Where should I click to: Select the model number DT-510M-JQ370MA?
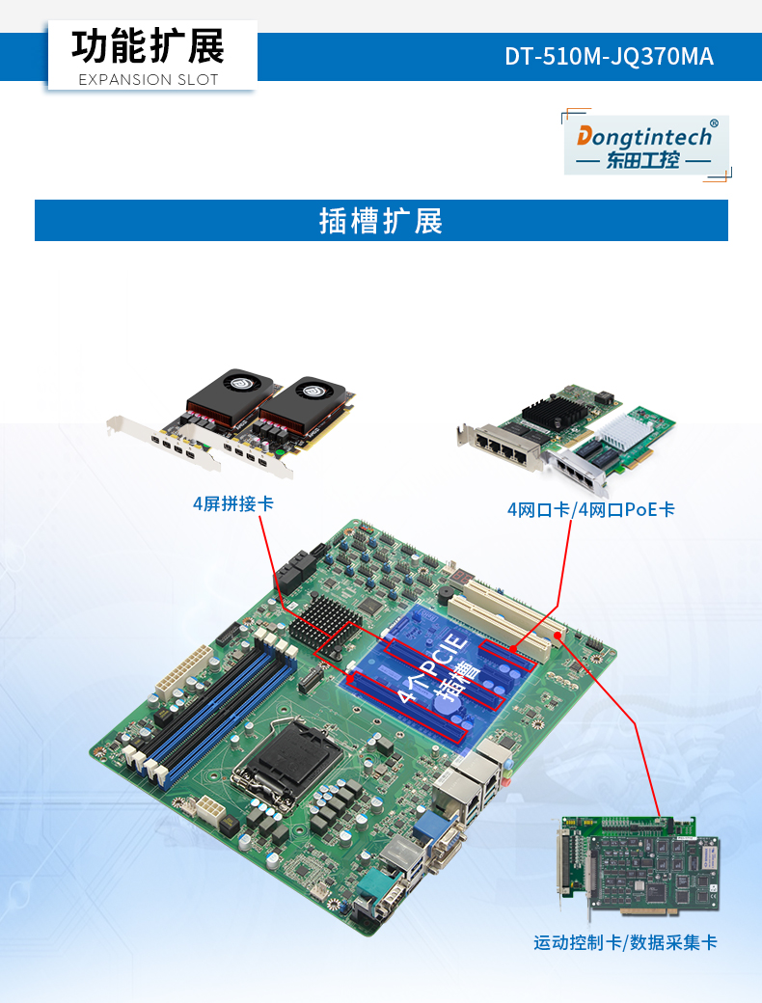tap(609, 57)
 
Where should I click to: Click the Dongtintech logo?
tap(645, 146)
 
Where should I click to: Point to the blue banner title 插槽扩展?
tap(381, 221)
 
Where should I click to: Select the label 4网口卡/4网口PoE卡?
tap(590, 509)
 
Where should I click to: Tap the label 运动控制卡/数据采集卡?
tap(625, 942)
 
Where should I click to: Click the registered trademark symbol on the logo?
tap(713, 123)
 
